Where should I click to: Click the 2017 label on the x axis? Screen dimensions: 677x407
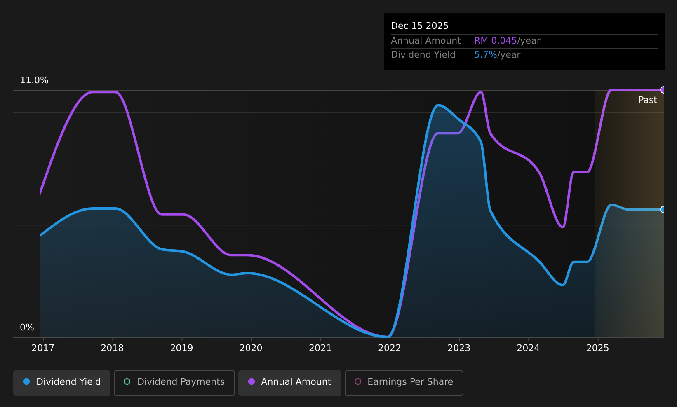(43, 348)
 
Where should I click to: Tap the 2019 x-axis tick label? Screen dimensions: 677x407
(182, 348)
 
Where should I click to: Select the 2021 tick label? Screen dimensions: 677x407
(320, 348)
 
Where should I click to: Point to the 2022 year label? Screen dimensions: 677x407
(390, 348)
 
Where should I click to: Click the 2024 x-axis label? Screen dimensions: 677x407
(528, 348)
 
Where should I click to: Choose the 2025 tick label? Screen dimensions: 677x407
(598, 348)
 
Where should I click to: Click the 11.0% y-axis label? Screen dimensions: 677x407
(34, 80)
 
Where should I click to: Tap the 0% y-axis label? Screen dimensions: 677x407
(27, 327)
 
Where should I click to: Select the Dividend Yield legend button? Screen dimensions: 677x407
(62, 383)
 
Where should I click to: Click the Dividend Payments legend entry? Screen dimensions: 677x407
(174, 383)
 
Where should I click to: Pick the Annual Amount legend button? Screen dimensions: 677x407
(290, 383)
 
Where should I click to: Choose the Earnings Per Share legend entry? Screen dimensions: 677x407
(404, 383)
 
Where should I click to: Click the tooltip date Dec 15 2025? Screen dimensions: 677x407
(419, 26)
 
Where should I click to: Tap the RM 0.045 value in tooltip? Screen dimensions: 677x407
(495, 41)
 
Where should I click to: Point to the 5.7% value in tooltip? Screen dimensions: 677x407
(485, 55)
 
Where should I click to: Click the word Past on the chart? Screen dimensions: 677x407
(647, 100)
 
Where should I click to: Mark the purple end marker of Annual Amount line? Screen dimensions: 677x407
(662, 90)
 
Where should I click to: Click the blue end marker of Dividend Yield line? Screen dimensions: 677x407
(662, 210)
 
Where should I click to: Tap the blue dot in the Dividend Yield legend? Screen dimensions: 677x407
(27, 381)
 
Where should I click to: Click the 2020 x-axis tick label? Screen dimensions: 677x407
(251, 348)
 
